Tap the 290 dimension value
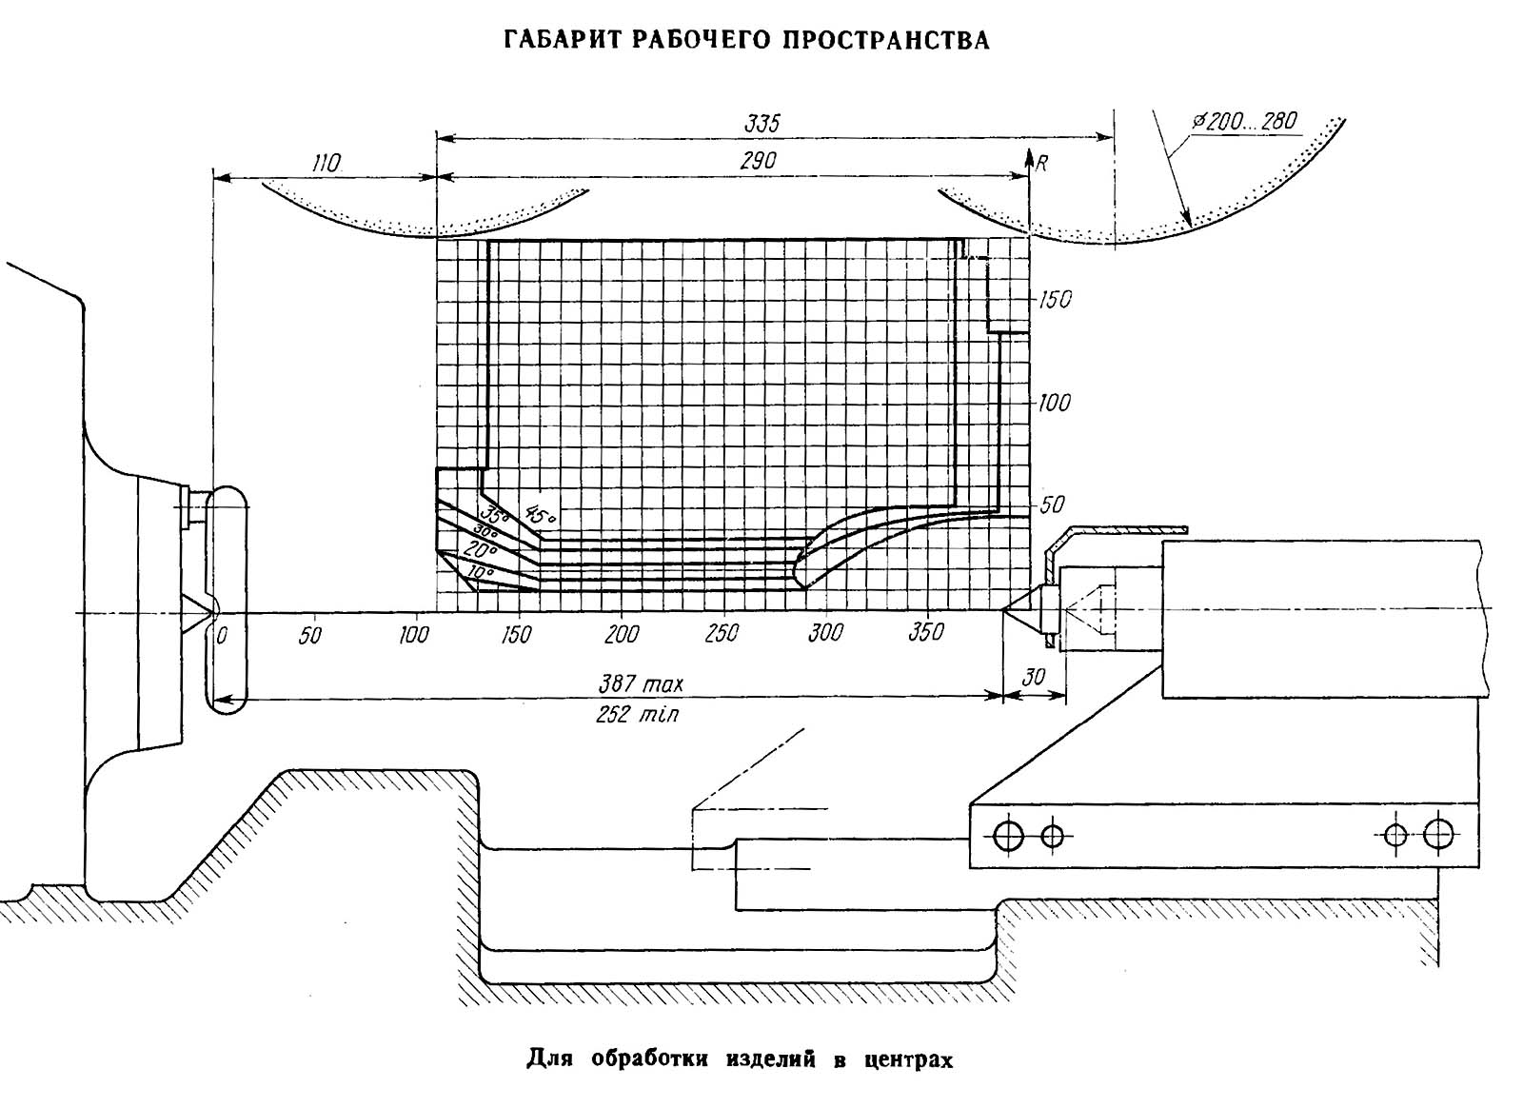coord(758,162)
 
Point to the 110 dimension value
coord(325,163)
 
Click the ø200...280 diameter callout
coord(1248,121)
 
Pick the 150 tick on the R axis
coord(1054,299)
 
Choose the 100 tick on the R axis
coord(1054,403)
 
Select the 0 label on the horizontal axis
coord(221,635)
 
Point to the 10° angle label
coord(480,574)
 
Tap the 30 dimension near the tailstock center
coord(1033,677)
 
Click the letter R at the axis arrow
coord(1041,163)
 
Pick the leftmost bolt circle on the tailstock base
coord(1007,837)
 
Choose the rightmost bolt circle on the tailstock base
coord(1438,836)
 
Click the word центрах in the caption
coord(907,1059)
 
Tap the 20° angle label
coord(481,550)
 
